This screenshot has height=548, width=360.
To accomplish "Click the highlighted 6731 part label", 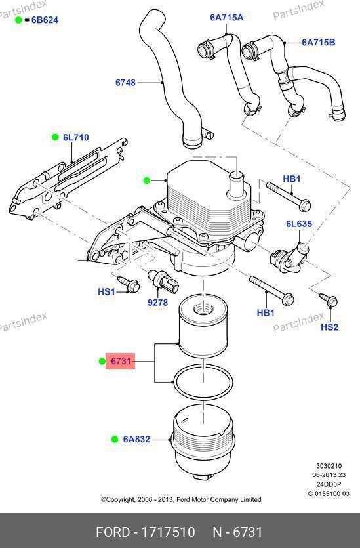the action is coord(121,361).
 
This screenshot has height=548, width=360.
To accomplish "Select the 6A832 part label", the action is coord(136,439).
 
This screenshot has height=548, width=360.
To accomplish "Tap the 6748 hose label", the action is coord(126,83).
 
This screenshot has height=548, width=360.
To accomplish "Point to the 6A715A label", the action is coord(227,18).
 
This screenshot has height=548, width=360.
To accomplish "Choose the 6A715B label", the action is coord(319,42).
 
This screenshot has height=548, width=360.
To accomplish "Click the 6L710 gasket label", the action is coord(76,137).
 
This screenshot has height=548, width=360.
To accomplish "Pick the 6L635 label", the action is coord(299,224).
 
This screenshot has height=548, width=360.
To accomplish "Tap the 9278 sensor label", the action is coord(158,303).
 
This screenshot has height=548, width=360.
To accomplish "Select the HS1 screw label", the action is coord(106,291).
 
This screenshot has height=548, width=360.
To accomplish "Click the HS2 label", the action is coord(330,327).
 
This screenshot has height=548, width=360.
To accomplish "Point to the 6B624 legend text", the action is coord(45,20).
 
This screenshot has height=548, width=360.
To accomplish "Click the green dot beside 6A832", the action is coord(115,439).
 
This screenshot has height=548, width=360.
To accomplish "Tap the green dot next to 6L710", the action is coord(55,137).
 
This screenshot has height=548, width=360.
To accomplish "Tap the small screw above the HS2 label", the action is coord(329,301).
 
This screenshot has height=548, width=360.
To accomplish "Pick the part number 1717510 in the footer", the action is coord(168,532).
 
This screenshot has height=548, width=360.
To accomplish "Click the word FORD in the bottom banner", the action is coord(112,532).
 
